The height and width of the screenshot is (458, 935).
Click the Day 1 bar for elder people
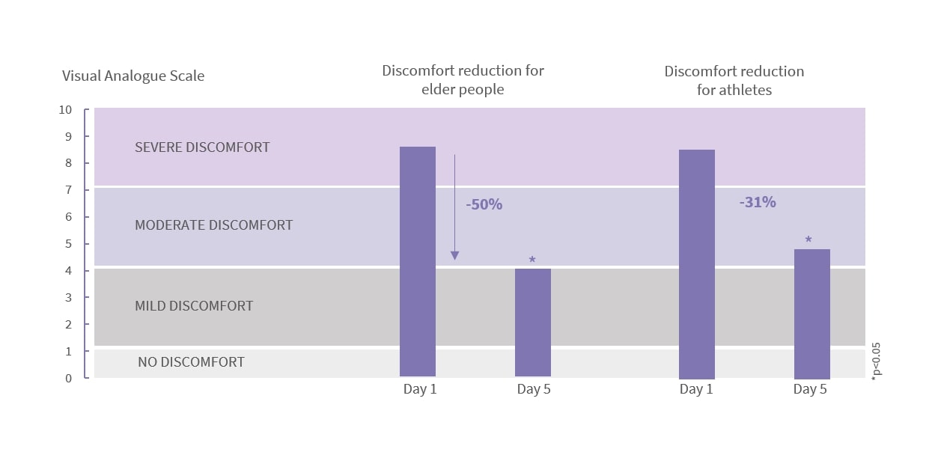418,261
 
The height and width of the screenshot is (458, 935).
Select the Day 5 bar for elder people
533,322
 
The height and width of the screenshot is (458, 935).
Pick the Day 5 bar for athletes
811,314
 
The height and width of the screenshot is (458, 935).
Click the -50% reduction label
484,204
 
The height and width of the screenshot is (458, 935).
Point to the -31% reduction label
758,202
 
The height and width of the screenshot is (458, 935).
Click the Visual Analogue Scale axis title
133,76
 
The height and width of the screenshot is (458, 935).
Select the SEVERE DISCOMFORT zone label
202,147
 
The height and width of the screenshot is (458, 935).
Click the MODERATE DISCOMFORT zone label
213,225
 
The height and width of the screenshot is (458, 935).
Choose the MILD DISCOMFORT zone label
194,306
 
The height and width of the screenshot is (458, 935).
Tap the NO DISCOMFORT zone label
191,362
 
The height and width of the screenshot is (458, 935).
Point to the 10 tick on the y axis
65,110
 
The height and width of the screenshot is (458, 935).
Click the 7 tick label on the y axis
68,190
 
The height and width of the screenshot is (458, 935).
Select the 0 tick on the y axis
68,378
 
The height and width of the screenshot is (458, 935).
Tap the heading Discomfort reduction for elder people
463,80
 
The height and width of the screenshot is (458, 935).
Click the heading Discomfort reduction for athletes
734,81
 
